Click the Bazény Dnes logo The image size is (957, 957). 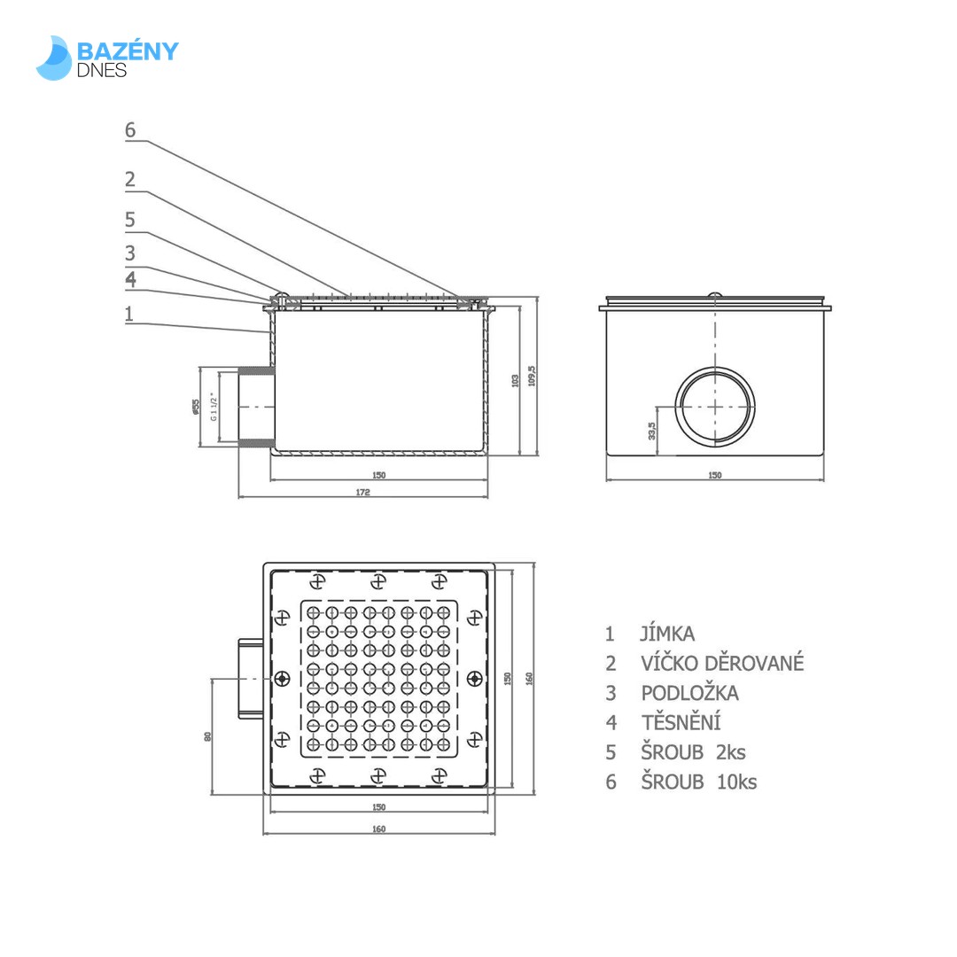coord(107,58)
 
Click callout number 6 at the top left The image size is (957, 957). coord(130,130)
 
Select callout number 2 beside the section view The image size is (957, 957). coord(130,180)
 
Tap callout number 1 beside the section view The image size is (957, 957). coord(129,313)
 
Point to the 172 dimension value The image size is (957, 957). coord(362,492)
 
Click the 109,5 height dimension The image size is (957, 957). coord(532,376)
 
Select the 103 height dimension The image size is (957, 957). coord(515,379)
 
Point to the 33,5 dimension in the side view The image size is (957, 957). coord(652,430)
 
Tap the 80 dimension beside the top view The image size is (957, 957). coord(208,735)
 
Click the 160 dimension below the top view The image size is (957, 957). coord(378,829)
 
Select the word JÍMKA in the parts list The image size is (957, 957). coord(667,634)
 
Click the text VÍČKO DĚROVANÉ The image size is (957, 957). coord(722,663)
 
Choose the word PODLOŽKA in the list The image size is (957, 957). coord(689,693)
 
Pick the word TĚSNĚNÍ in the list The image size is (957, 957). coord(681,722)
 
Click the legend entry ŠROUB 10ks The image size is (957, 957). coord(698,782)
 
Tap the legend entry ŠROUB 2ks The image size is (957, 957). coord(693,752)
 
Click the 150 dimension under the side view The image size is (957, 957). coord(714,475)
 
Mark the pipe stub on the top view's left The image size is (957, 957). coord(253,679)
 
